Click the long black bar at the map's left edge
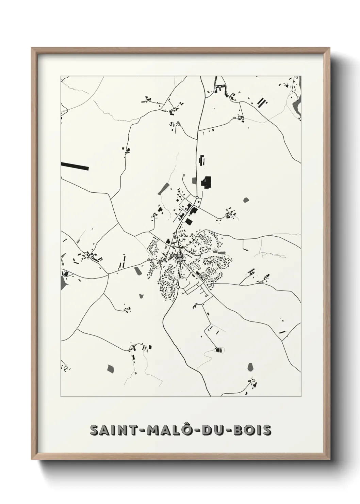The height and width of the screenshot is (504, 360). [75, 166]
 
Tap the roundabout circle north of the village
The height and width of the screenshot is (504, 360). [197, 198]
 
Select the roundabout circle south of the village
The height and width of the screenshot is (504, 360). [178, 287]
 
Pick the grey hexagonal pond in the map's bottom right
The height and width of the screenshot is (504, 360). [251, 367]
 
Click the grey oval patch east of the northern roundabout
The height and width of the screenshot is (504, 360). [246, 200]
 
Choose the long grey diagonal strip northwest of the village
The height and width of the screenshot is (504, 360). [163, 188]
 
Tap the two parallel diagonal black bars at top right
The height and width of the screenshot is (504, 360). [261, 102]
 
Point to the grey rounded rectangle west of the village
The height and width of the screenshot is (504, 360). [138, 271]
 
